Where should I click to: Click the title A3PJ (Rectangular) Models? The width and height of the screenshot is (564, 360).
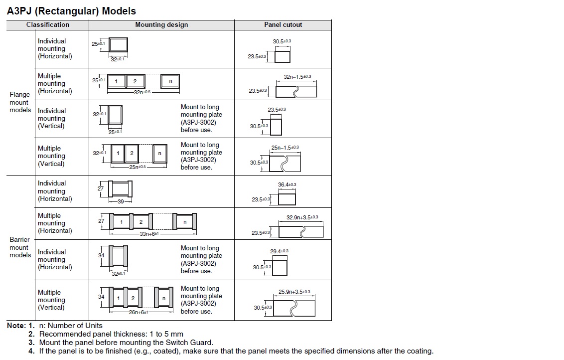point(71,10)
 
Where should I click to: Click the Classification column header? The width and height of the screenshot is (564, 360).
point(48,24)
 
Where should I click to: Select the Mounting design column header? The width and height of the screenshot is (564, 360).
point(161,24)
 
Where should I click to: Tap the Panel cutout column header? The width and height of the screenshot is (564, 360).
point(283,24)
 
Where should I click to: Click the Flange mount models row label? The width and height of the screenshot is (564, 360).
point(20,102)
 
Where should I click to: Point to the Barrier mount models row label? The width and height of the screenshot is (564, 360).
point(20,247)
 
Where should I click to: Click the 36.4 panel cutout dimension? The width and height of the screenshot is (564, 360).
point(286,185)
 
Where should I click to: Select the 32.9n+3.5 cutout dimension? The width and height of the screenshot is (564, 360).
point(302,217)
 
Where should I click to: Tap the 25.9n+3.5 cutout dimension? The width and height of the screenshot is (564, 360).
point(294,292)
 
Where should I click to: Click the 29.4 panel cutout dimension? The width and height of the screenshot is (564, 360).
point(279,251)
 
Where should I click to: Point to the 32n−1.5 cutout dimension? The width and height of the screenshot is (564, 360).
point(297,77)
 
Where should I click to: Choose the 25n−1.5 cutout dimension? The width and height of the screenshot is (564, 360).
point(285,148)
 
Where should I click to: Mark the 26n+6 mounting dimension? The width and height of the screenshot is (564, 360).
point(138,312)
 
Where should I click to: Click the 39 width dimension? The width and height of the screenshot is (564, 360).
point(121,202)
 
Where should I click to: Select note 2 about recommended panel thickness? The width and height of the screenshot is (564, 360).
point(111,334)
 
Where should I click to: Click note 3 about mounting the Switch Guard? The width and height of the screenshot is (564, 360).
point(126,343)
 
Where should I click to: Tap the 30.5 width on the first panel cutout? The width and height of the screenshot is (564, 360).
point(282,41)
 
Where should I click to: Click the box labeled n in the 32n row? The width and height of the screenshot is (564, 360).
point(170,81)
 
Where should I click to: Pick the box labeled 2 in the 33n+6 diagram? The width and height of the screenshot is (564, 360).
point(141,222)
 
